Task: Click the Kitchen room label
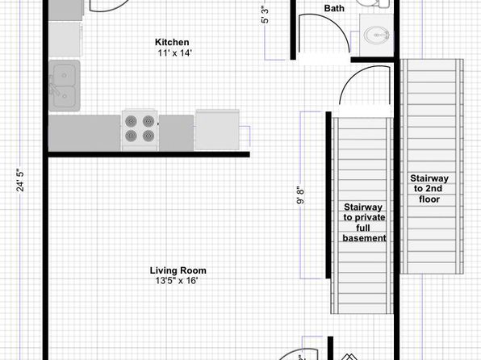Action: [172, 42]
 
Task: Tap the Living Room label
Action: [178, 270]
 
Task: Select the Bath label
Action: [334, 8]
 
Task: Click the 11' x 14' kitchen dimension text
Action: [174, 53]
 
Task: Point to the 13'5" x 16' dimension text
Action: [177, 281]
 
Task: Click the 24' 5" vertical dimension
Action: [20, 180]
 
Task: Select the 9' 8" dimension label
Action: [300, 195]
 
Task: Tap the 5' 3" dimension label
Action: [265, 15]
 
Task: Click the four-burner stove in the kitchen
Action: [140, 130]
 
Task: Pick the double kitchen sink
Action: [65, 86]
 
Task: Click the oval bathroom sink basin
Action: [376, 35]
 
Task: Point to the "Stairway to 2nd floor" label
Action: [429, 189]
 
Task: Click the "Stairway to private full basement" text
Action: [364, 223]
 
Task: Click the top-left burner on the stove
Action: [131, 121]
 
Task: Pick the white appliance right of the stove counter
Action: [217, 130]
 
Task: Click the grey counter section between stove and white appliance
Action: [176, 133]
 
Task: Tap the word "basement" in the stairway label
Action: [364, 238]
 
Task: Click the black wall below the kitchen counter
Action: [148, 154]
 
